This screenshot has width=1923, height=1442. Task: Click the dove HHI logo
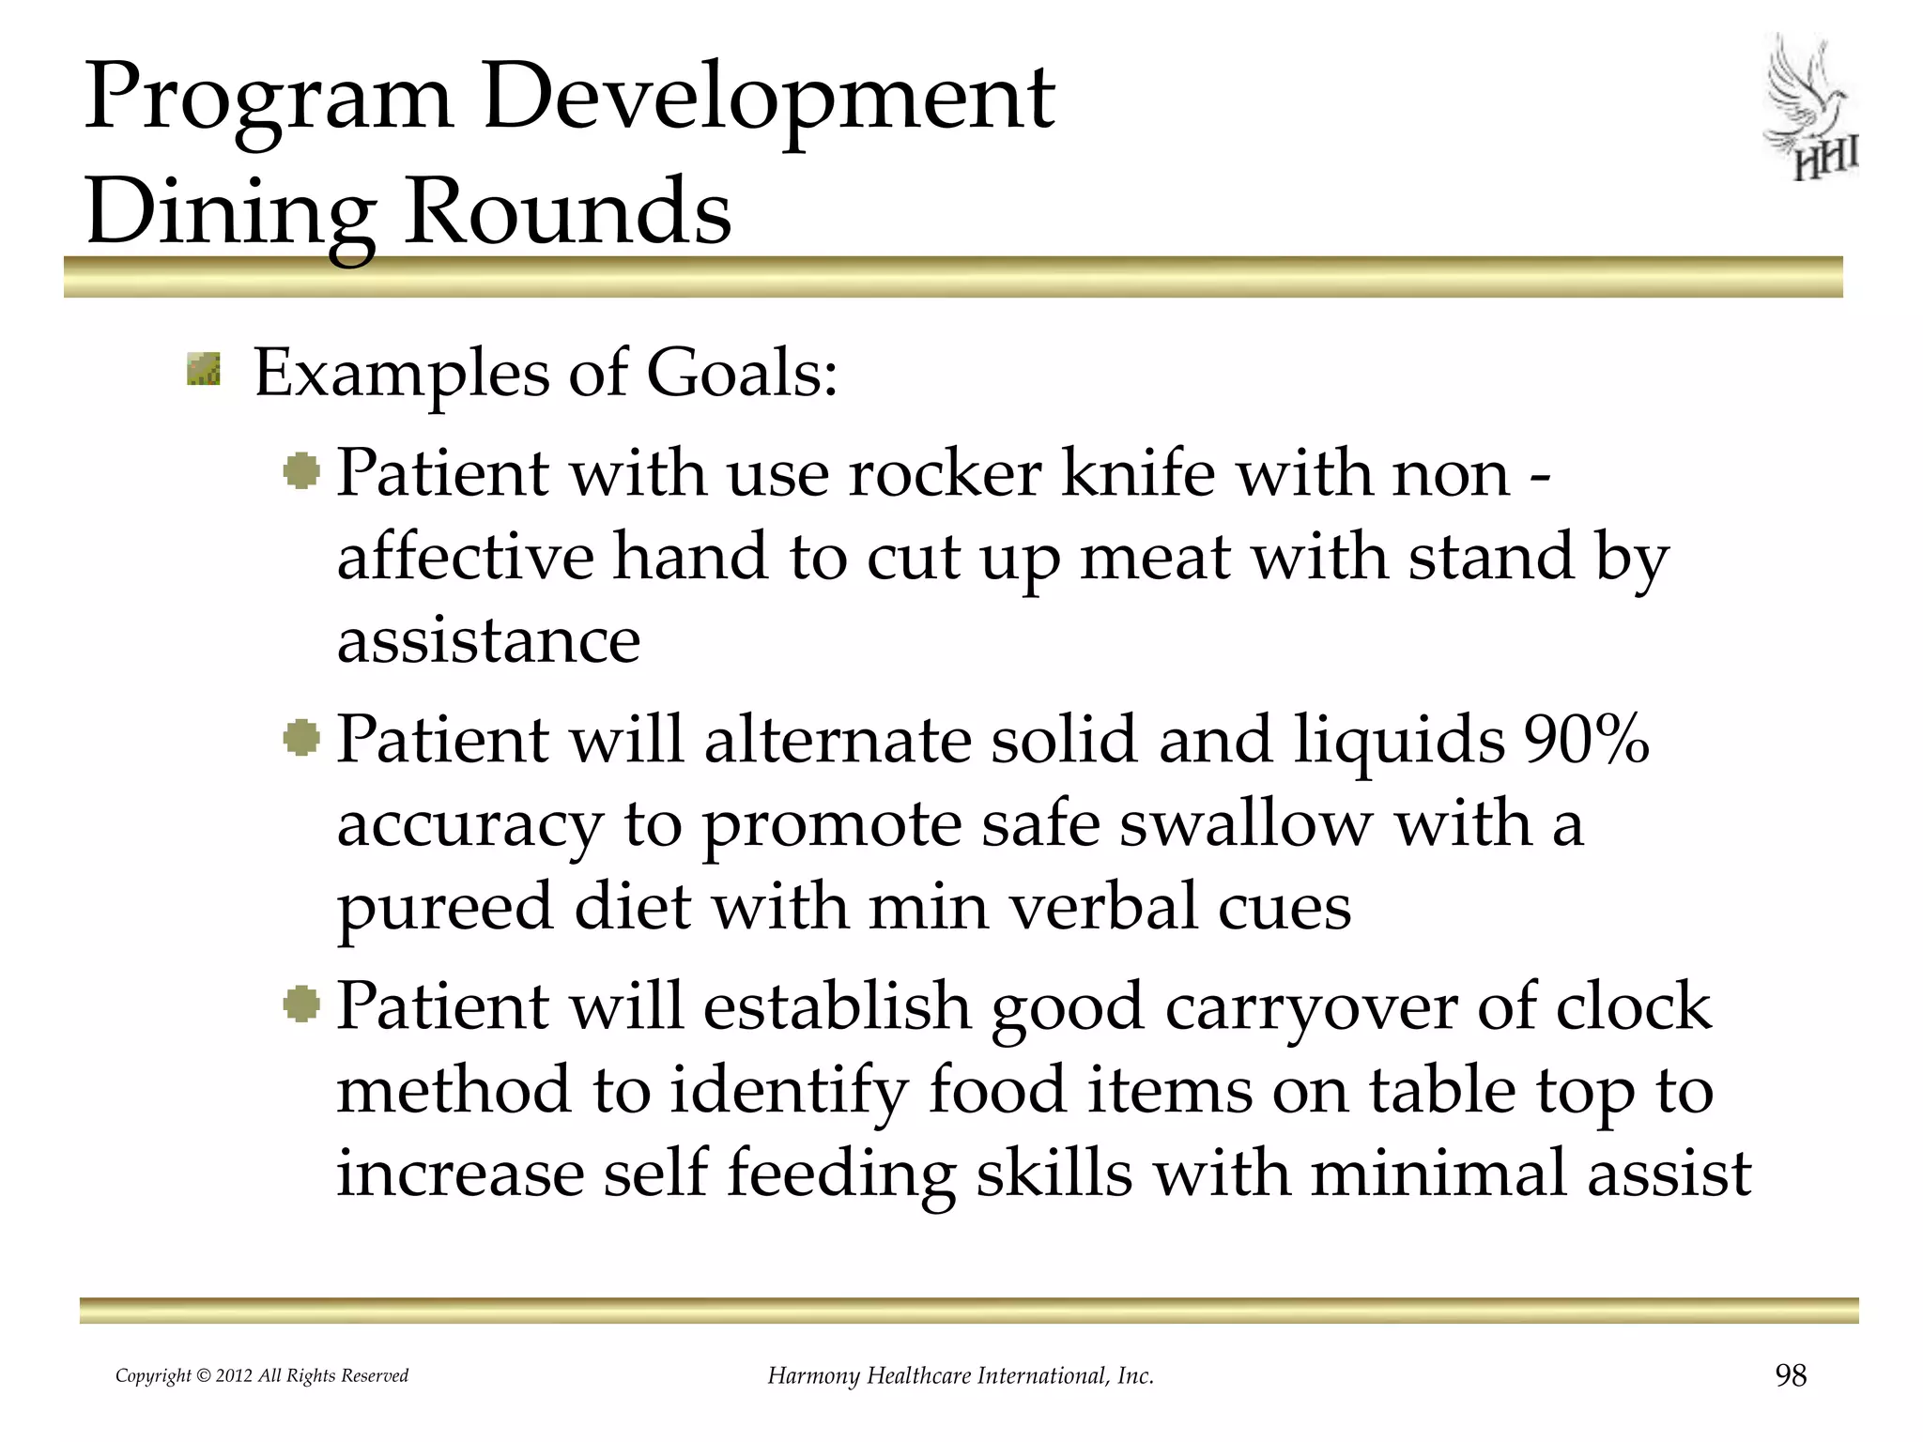(x=1810, y=109)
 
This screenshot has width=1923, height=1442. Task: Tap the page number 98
(x=1790, y=1375)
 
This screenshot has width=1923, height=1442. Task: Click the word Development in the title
(x=768, y=98)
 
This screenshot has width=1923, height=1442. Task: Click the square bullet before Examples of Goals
(x=204, y=369)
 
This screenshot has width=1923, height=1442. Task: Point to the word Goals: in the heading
(x=742, y=374)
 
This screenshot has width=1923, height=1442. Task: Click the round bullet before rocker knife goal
(x=301, y=470)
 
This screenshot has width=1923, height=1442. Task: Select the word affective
(x=465, y=556)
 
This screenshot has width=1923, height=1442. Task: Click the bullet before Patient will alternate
(x=301, y=738)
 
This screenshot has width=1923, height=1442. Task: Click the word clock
(x=1633, y=1005)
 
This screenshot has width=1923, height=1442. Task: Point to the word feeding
(x=841, y=1174)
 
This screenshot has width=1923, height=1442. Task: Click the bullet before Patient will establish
(x=301, y=1005)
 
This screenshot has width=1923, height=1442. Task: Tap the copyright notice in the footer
(x=261, y=1376)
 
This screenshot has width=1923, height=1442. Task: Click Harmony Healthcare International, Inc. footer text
(x=960, y=1376)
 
